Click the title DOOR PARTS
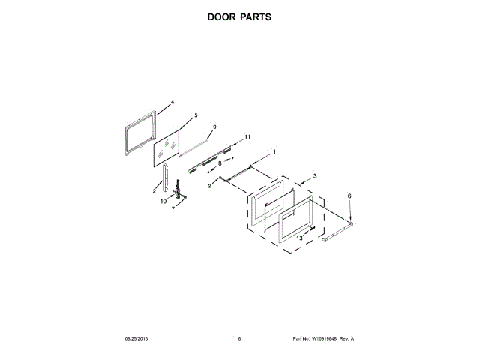(239, 16)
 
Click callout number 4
(172, 101)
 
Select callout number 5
(196, 115)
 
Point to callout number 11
(247, 136)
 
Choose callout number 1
(274, 152)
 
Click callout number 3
(315, 175)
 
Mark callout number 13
(299, 238)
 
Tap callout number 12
(152, 191)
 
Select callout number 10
(163, 201)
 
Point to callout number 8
(220, 163)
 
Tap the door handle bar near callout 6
(338, 229)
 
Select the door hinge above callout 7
(178, 190)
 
